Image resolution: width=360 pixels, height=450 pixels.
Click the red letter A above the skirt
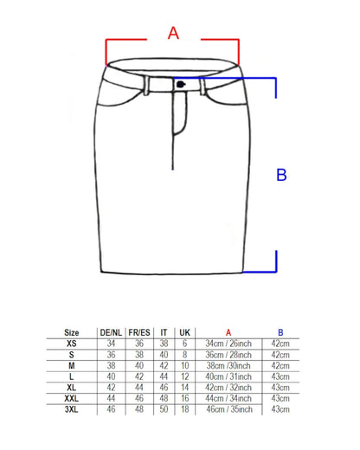click(x=173, y=33)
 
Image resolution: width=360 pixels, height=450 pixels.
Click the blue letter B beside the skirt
click(x=281, y=175)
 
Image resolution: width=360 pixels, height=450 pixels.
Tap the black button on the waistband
click(x=181, y=84)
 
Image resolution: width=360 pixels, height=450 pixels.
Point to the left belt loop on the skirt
click(x=146, y=86)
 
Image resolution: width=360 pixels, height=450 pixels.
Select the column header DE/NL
click(x=111, y=332)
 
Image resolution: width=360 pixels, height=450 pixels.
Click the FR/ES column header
click(x=139, y=332)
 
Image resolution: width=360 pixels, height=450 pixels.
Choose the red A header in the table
click(x=228, y=332)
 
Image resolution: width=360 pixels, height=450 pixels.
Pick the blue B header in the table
click(x=280, y=332)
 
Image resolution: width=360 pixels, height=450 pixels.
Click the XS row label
click(x=72, y=344)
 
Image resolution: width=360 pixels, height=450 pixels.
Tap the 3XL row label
click(x=72, y=409)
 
